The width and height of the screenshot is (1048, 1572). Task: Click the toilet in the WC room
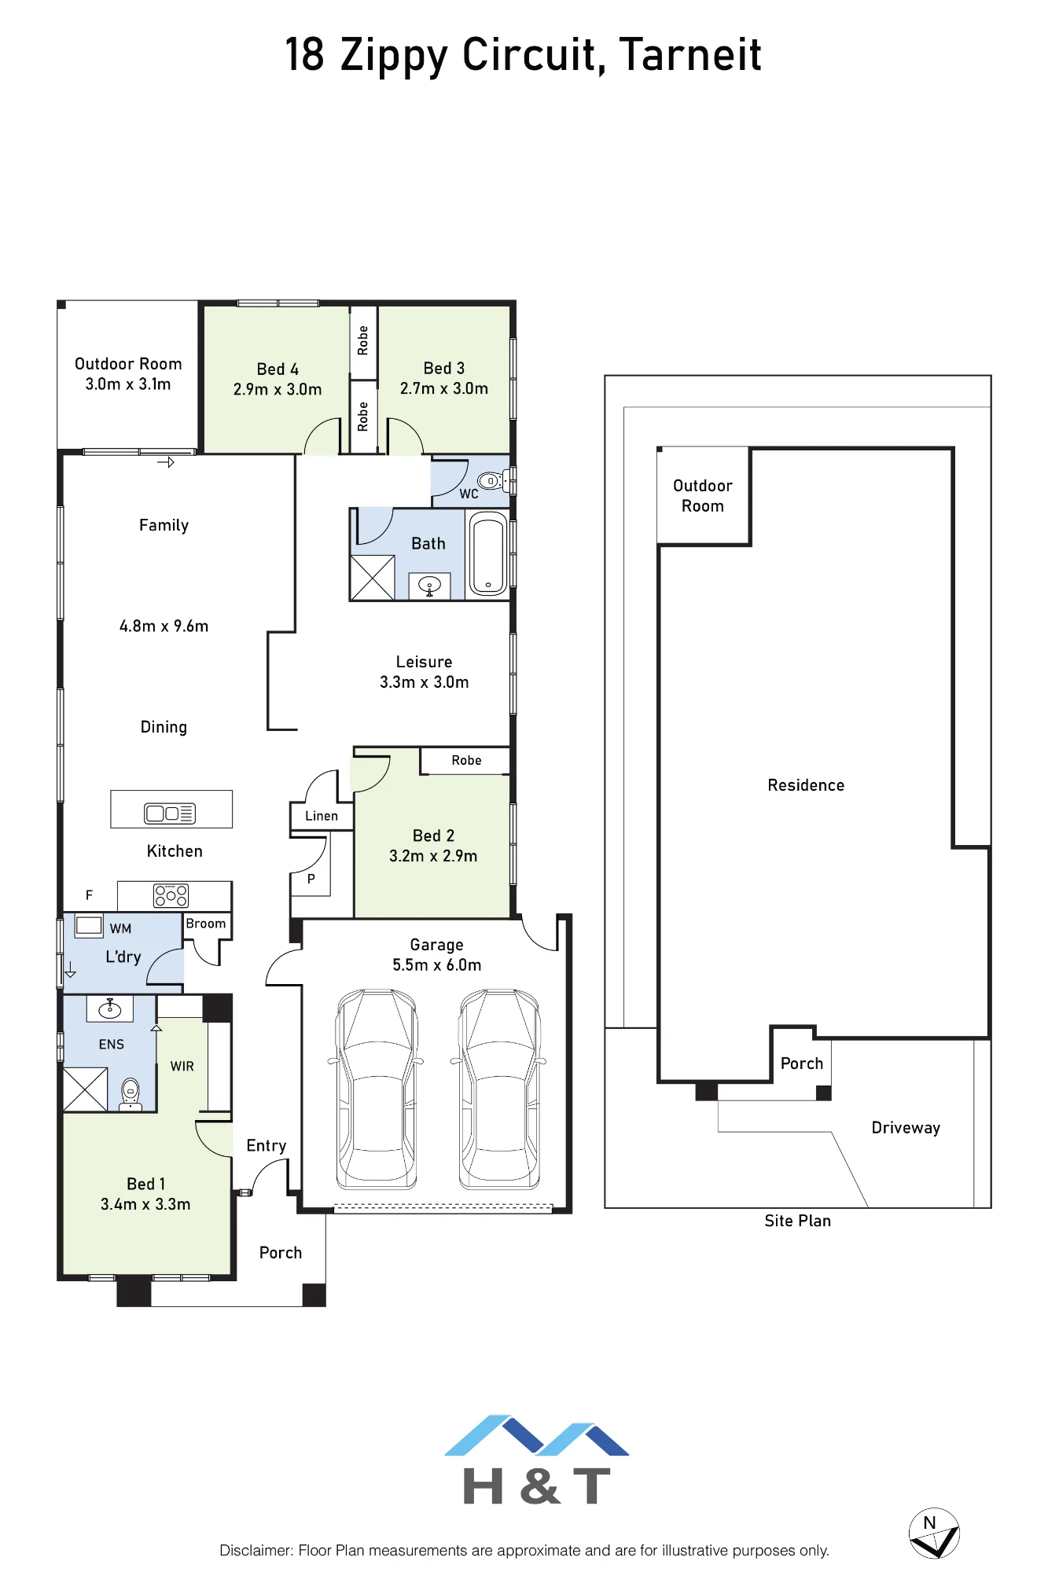(x=491, y=480)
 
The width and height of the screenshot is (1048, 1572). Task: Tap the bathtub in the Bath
(x=488, y=553)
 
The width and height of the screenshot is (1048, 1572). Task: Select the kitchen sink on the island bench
(x=170, y=814)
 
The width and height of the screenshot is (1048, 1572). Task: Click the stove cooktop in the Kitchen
(x=171, y=895)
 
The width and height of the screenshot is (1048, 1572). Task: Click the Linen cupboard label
(x=322, y=816)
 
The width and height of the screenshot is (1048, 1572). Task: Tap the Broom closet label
(x=206, y=924)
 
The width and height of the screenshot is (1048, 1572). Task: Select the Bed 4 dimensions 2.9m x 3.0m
(x=278, y=389)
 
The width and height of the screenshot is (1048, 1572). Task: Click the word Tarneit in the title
(x=690, y=54)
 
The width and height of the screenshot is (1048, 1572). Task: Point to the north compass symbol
(x=934, y=1533)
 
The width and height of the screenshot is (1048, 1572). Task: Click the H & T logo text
(x=537, y=1486)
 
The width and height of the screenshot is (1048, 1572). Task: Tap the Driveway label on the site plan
(x=906, y=1128)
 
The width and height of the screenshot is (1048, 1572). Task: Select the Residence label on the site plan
(x=806, y=785)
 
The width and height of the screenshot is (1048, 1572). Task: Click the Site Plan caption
(x=797, y=1221)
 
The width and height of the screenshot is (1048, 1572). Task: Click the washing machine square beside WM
(x=89, y=925)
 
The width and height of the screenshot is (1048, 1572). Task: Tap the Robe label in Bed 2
(x=466, y=760)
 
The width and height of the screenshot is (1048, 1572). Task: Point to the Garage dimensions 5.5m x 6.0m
(x=437, y=965)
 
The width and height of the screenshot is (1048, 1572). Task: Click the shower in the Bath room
(x=372, y=578)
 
